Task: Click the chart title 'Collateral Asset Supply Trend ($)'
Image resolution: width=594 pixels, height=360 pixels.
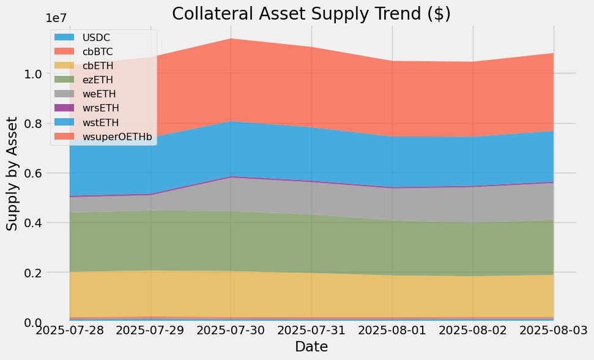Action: [311, 13]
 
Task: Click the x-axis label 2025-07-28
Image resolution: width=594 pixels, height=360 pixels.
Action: [69, 331]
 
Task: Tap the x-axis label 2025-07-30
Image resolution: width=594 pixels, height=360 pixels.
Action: [231, 331]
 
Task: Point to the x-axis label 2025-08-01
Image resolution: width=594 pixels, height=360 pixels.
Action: [392, 331]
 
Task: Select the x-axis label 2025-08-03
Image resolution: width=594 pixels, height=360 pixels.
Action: [552, 331]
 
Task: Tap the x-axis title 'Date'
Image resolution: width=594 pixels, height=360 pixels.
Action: [311, 347]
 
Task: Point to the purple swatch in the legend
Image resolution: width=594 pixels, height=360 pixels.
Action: [67, 108]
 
